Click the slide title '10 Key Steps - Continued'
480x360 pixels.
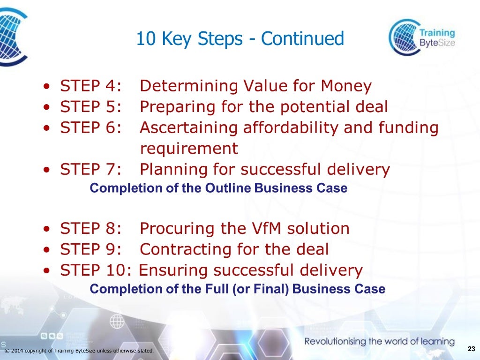(240, 39)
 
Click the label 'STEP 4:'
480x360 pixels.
(91, 86)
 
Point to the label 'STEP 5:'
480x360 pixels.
(91, 107)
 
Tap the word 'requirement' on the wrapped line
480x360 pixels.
(189, 149)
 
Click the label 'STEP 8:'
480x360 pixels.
(91, 229)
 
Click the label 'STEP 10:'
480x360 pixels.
(97, 270)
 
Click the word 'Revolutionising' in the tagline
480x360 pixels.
(335, 341)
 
